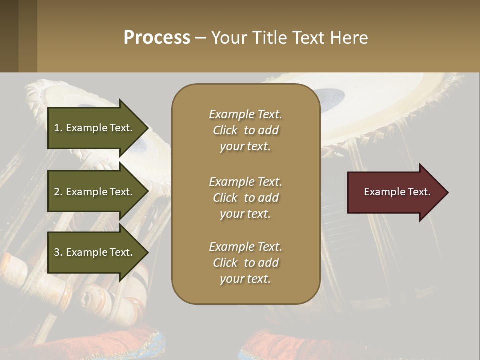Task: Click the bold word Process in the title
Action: [x=157, y=38]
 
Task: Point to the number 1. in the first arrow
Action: [x=58, y=128]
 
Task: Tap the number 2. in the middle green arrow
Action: [x=58, y=192]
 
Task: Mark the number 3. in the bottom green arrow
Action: [x=58, y=252]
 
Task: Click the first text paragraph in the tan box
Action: [x=245, y=130]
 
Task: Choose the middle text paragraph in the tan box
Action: [x=245, y=198]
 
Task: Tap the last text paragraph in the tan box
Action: [x=245, y=263]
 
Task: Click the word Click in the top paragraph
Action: [x=225, y=130]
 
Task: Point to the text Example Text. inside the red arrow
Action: [x=397, y=192]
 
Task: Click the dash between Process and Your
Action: [x=200, y=38]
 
